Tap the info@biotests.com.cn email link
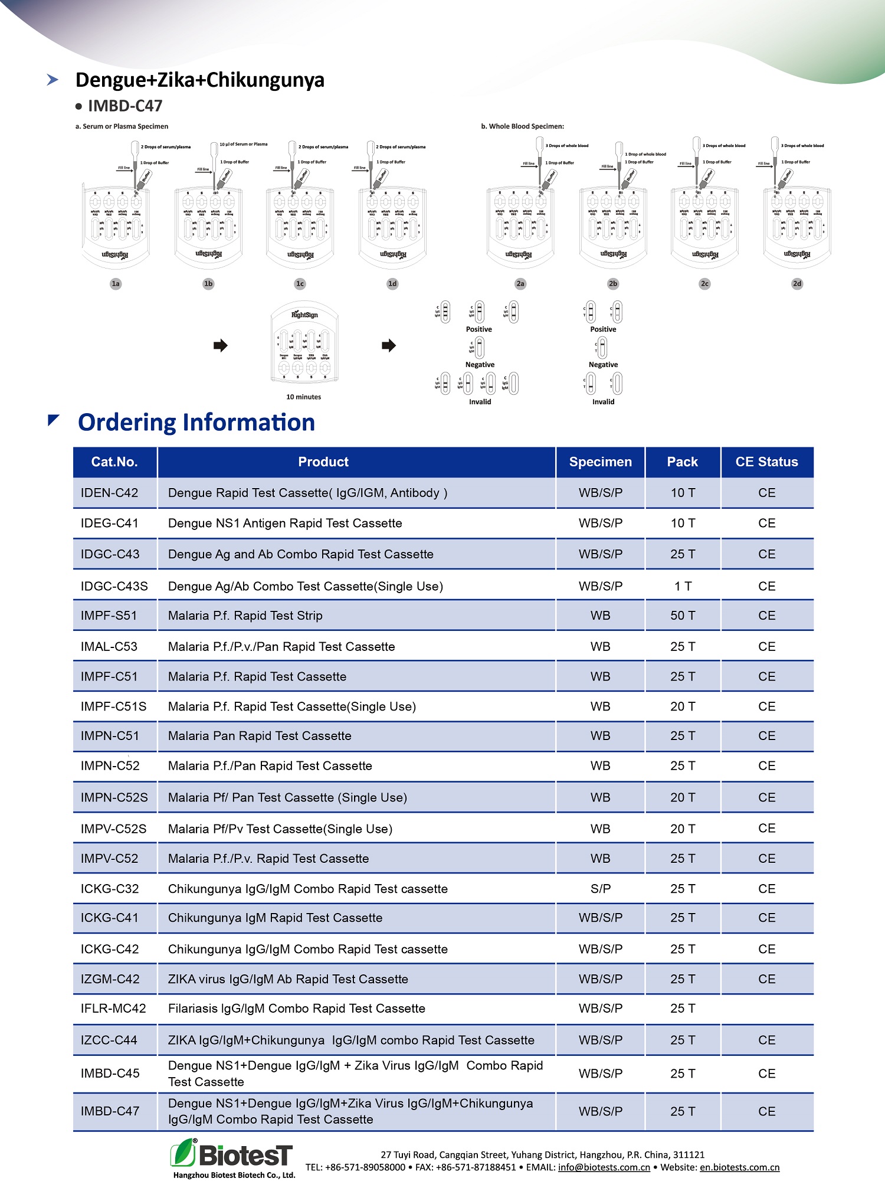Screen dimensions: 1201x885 (x=604, y=1167)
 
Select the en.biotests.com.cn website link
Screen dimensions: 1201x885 (x=739, y=1167)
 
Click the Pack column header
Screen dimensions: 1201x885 (x=682, y=462)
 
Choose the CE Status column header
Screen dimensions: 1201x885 (x=766, y=462)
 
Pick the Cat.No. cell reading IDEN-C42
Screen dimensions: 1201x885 (x=110, y=493)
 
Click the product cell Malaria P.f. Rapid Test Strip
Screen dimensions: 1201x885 (x=245, y=616)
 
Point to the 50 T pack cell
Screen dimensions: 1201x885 (x=683, y=616)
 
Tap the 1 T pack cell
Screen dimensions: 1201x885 (x=683, y=586)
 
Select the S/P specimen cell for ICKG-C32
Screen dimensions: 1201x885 (x=601, y=889)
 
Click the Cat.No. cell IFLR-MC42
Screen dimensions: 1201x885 (x=113, y=1009)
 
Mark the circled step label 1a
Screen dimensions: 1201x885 (x=116, y=284)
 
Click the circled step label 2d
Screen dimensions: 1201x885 (x=797, y=284)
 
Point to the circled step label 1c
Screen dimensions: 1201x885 (x=300, y=284)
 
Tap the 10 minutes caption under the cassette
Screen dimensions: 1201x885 (x=304, y=397)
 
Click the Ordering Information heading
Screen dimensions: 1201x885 (x=196, y=423)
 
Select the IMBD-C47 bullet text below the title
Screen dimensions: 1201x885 (x=125, y=106)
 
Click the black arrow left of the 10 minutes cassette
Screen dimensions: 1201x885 (x=221, y=345)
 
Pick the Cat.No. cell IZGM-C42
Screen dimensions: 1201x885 (x=110, y=979)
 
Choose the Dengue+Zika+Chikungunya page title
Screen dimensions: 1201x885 (x=200, y=80)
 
